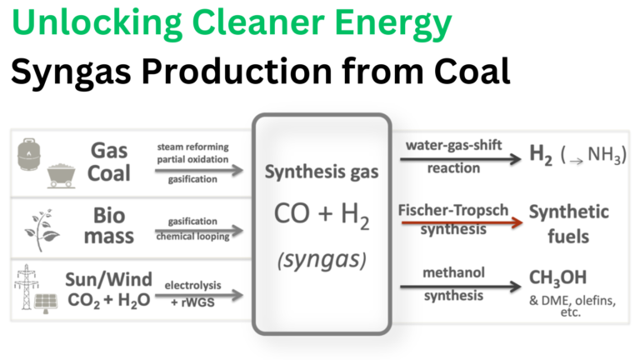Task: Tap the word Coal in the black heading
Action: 472,71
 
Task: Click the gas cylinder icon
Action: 29,154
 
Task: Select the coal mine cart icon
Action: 61,176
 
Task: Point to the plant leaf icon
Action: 42,230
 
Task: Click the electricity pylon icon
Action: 26,287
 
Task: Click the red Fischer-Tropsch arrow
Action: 462,222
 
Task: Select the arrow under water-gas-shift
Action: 460,159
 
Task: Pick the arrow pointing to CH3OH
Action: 460,287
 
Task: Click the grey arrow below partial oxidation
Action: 199,170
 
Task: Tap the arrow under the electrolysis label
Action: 199,295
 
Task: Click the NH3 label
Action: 606,155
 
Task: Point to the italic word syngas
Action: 322,260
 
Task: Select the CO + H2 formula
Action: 322,215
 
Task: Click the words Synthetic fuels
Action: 568,224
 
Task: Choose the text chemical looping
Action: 192,237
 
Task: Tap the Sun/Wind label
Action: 108,280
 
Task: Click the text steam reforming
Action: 192,147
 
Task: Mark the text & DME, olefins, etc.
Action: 572,306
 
